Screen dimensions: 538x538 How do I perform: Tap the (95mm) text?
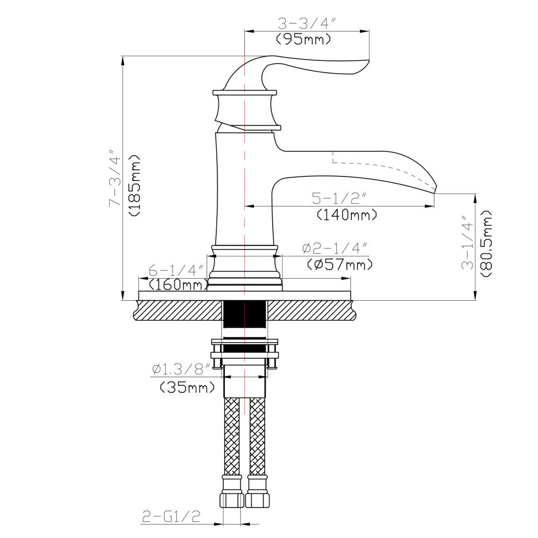[302, 39]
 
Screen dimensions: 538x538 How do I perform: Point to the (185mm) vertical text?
[134, 186]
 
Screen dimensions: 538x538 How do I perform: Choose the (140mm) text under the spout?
[346, 215]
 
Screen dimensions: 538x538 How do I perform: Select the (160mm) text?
[178, 285]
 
